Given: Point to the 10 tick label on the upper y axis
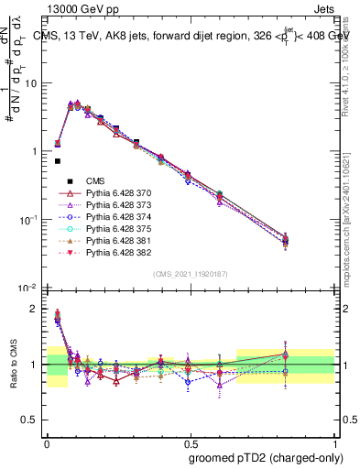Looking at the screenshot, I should coord(31,83).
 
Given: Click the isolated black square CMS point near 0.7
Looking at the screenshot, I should coord(58,161).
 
